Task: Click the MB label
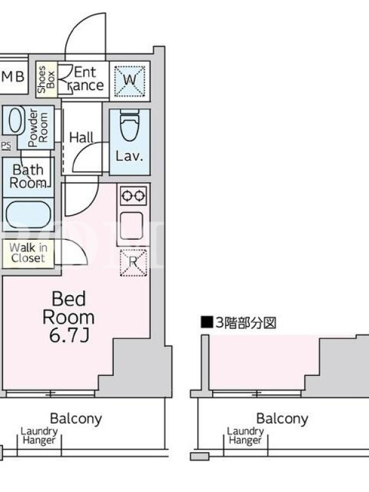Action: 12,76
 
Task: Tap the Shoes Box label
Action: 46,79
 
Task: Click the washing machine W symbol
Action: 130,81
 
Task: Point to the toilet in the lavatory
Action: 130,126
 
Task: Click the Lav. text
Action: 129,156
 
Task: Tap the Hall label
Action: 81,137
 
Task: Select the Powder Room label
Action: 38,128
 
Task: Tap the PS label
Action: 6,145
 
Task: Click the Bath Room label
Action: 28,177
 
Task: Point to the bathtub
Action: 28,215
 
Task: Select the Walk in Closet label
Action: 28,253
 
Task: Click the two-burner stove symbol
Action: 133,196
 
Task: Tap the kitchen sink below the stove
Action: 132,226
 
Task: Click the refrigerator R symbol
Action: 133,263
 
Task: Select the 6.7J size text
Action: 69,336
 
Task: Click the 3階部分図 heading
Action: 239,322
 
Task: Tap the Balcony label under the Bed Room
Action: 76,419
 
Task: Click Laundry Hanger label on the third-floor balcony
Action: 245,436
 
